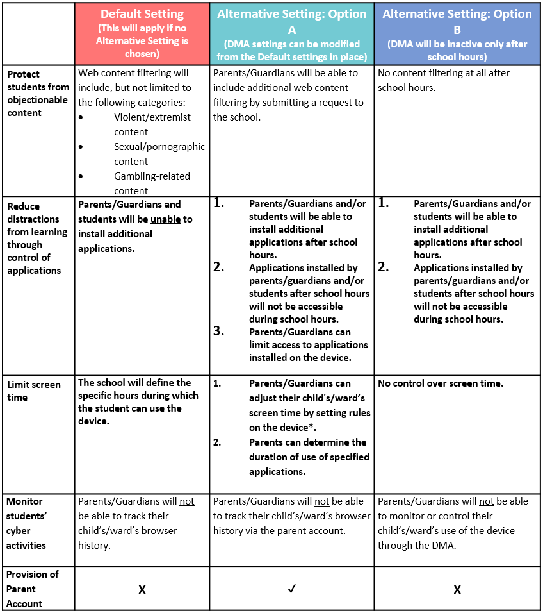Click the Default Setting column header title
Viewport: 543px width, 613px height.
click(142, 14)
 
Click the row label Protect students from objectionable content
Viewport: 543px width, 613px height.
click(38, 93)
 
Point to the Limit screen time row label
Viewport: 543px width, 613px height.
click(34, 391)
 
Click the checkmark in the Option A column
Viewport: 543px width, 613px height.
click(291, 589)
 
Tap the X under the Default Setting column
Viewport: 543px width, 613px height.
click(142, 589)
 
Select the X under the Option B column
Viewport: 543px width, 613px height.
click(457, 589)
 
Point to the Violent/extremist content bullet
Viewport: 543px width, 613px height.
click(152, 124)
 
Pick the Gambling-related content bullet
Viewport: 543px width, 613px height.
click(152, 183)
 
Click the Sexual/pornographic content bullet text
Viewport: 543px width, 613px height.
click(159, 154)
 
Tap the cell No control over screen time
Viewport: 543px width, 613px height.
click(441, 383)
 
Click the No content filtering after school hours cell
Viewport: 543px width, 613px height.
click(444, 80)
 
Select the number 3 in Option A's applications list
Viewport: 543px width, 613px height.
click(218, 332)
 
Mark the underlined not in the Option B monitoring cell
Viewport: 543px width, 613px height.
click(487, 501)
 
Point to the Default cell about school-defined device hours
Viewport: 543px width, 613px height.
click(138, 401)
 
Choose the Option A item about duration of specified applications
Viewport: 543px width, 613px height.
click(309, 457)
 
